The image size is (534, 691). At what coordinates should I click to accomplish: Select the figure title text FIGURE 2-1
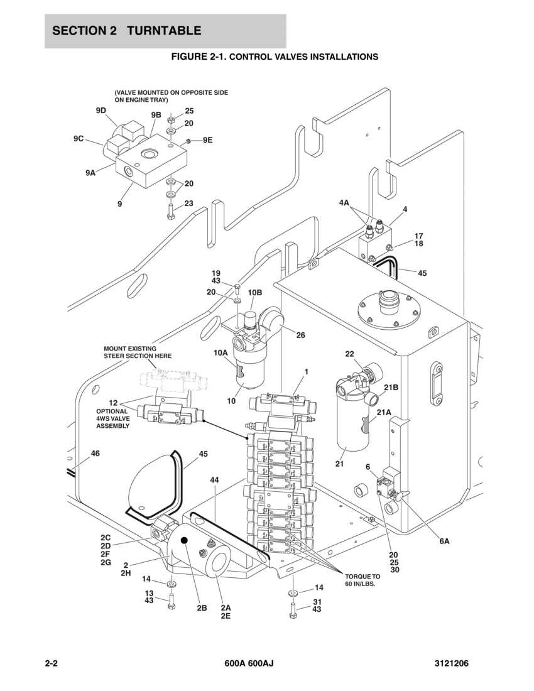pyautogui.click(x=197, y=57)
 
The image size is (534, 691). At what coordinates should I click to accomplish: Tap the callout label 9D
pyautogui.click(x=101, y=111)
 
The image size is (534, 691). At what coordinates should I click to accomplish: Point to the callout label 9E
pyautogui.click(x=207, y=140)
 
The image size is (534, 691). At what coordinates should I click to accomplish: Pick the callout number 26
pyautogui.click(x=300, y=335)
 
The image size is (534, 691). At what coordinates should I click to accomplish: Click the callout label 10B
pyautogui.click(x=254, y=293)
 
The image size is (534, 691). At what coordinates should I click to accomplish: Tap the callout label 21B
pyautogui.click(x=391, y=388)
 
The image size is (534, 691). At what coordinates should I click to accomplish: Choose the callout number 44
pyautogui.click(x=214, y=480)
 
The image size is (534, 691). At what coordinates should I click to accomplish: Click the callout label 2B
pyautogui.click(x=202, y=607)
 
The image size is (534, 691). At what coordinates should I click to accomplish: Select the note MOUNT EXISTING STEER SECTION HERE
pyautogui.click(x=137, y=352)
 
